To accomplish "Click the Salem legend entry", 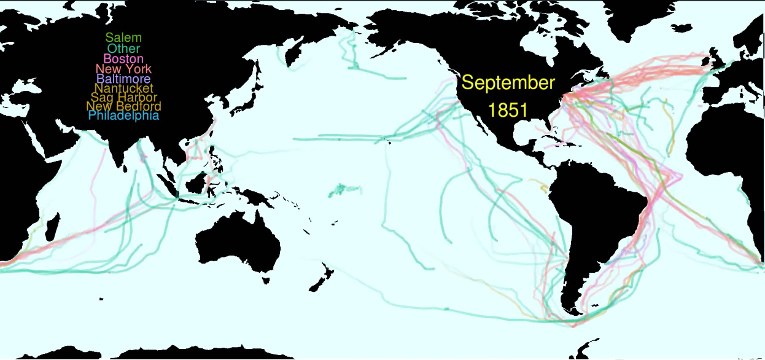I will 123,38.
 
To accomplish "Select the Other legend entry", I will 123,49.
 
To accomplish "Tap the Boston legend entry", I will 123,59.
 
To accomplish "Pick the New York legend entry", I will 123,69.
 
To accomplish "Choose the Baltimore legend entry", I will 123,79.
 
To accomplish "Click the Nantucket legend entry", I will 123,88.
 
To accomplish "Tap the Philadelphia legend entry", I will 123,115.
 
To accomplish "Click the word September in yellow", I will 508,83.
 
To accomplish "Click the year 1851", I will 508,111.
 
